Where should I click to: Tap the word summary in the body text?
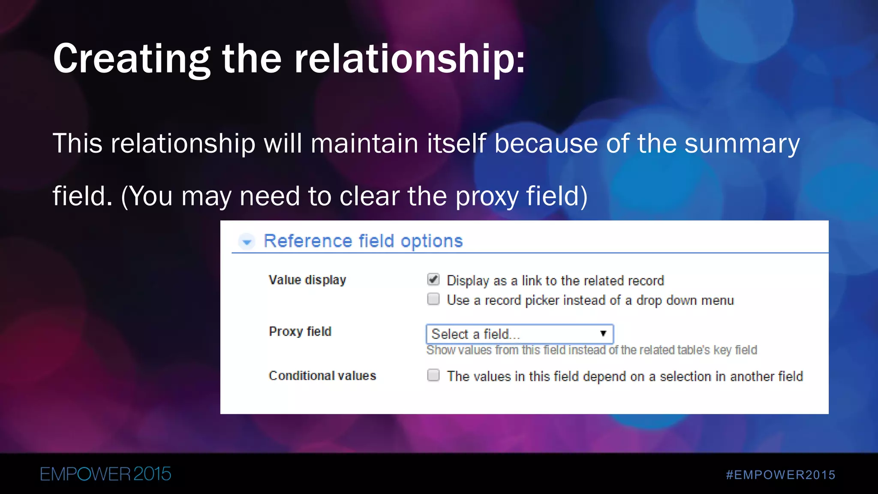tap(742, 143)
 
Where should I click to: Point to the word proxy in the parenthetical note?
tap(487, 196)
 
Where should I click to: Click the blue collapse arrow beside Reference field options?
tap(247, 242)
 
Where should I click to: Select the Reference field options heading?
tap(363, 241)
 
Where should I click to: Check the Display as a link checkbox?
tap(433, 280)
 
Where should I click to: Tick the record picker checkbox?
tap(433, 299)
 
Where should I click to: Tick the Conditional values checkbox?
tap(433, 375)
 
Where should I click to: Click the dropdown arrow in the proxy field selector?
tap(603, 334)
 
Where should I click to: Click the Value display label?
tap(307, 280)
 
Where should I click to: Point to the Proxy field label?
tap(300, 331)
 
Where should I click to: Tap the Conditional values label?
tap(322, 376)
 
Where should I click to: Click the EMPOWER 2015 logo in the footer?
tap(105, 474)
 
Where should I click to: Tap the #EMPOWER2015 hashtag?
tap(780, 475)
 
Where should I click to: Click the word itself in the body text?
tap(457, 143)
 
